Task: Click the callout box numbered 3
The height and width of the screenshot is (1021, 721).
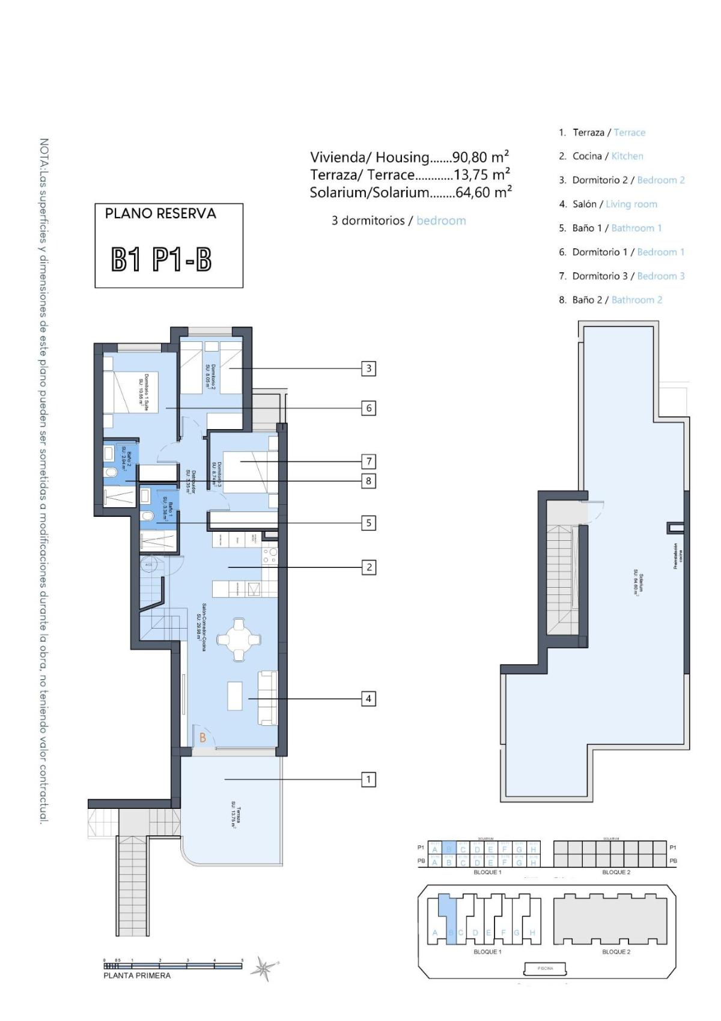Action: (x=369, y=368)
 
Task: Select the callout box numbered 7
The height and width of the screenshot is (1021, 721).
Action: (x=369, y=462)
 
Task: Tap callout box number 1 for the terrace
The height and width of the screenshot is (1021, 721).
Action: (x=369, y=779)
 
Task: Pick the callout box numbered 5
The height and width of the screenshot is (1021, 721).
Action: (x=369, y=523)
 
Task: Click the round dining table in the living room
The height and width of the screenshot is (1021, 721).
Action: (x=239, y=639)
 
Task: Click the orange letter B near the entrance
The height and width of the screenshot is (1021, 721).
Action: (x=203, y=737)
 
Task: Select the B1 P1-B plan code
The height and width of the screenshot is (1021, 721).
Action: (x=162, y=260)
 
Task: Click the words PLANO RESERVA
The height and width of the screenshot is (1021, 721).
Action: (x=160, y=213)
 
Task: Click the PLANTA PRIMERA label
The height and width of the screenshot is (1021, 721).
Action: (x=137, y=976)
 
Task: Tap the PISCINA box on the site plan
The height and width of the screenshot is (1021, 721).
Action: (x=546, y=968)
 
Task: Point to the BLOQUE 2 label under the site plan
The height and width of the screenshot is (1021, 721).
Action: (x=616, y=952)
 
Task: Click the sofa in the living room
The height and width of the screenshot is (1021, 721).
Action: (x=268, y=698)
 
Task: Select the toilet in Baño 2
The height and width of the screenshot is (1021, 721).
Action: (x=111, y=473)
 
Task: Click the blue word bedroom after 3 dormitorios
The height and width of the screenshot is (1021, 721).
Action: (x=441, y=221)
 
